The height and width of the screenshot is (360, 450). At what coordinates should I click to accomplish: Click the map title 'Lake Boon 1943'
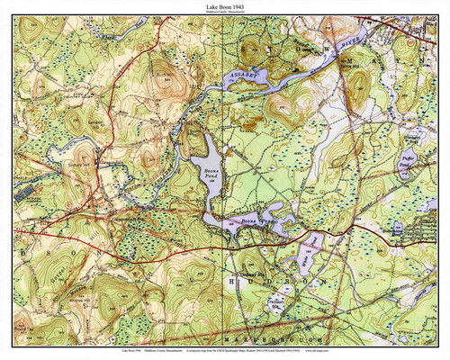click(225, 5)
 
